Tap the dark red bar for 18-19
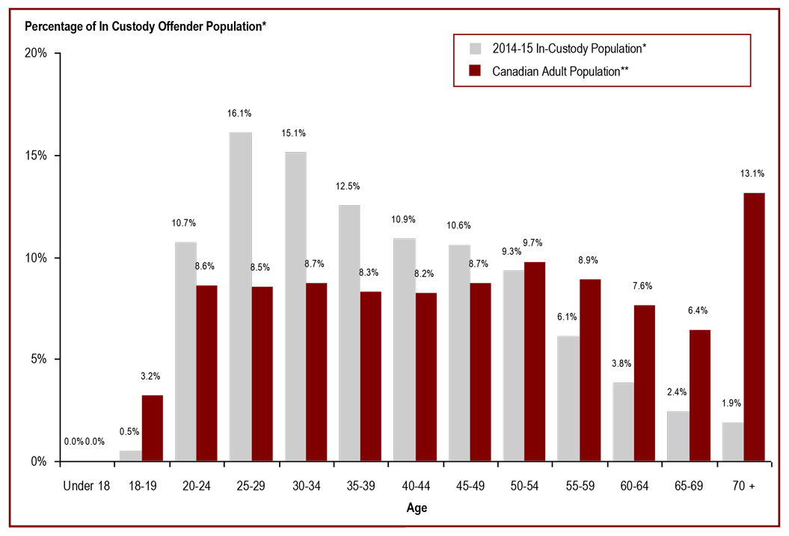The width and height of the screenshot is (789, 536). pos(152,427)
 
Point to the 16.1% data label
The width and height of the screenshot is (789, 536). pos(240,114)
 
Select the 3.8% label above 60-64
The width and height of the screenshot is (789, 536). pos(622,364)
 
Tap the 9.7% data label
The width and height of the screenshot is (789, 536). pos(533,243)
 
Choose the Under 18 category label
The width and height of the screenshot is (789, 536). pos(86,486)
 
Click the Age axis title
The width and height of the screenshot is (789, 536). pos(417,508)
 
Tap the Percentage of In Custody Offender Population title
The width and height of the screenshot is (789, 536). pos(146,27)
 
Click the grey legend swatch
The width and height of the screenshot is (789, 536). pos(475,49)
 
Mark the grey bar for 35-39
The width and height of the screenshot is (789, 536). pos(349,333)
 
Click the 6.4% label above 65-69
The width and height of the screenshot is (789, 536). pos(699,311)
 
